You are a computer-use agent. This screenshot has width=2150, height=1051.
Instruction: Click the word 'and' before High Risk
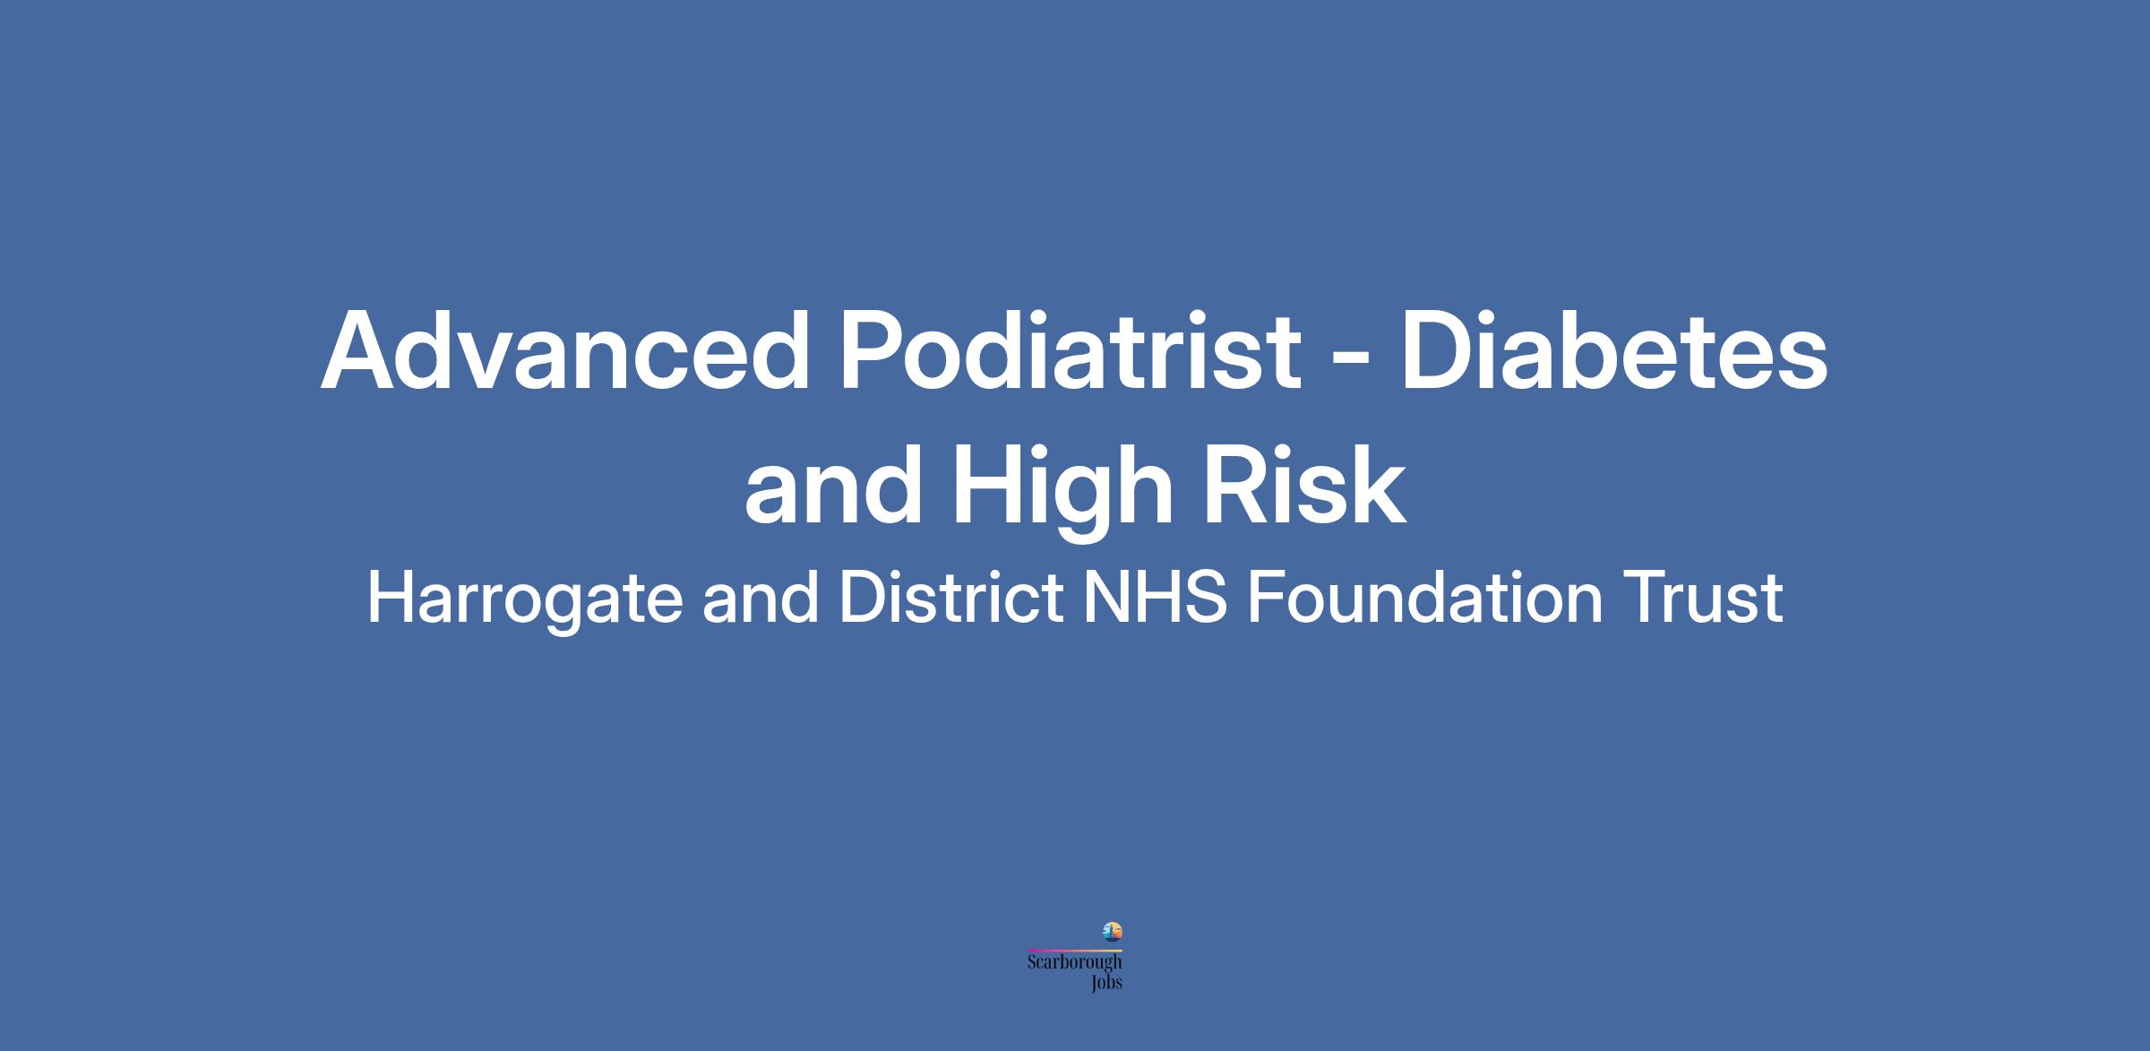833,487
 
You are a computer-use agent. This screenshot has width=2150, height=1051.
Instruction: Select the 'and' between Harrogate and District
761,599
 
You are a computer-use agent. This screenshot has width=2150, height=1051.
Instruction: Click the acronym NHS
1155,598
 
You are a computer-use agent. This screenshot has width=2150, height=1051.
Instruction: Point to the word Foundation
1425,598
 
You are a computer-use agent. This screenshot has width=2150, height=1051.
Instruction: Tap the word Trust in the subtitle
1703,598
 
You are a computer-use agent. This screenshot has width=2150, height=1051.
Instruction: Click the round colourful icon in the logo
1112,932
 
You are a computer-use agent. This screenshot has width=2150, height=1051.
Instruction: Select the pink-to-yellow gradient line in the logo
1075,950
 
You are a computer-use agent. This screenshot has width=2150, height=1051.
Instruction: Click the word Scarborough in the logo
1075,963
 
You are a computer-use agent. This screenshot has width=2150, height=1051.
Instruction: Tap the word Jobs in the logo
1106,983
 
